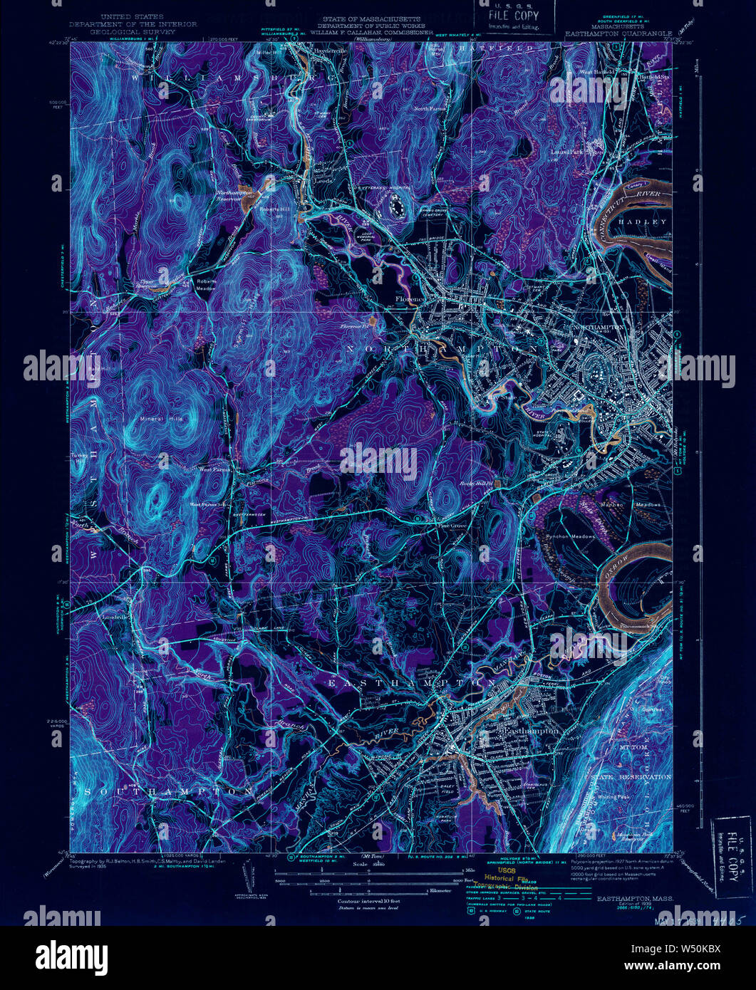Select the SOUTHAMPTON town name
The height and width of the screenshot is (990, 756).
167,791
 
